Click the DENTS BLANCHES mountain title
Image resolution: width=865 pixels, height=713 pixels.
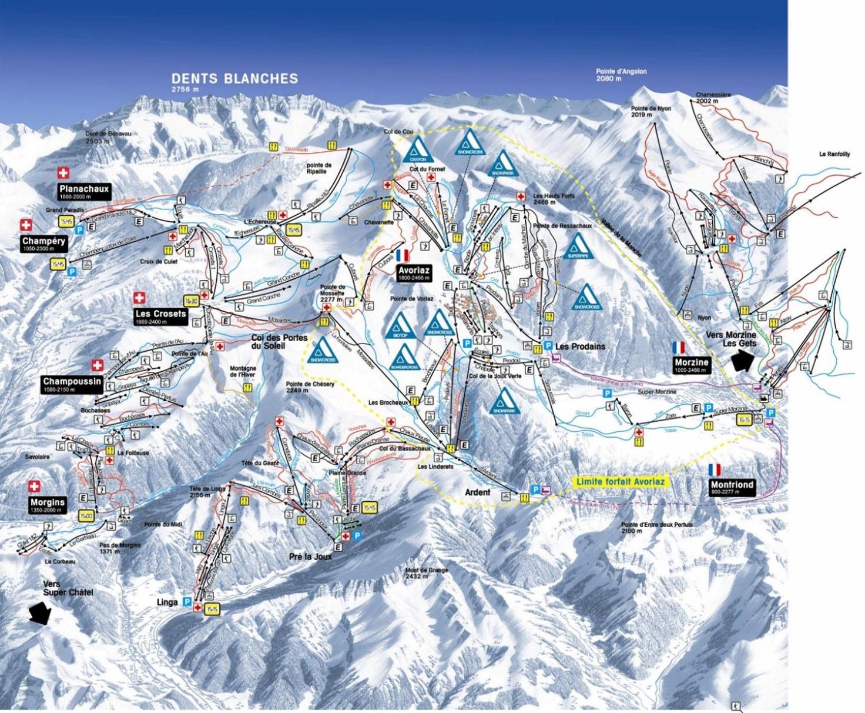pyautogui.click(x=234, y=78)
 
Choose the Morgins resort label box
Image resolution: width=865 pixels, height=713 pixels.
pyautogui.click(x=47, y=505)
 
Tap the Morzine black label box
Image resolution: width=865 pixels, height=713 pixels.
pyautogui.click(x=692, y=365)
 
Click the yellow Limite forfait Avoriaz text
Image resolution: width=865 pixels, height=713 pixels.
pyautogui.click(x=621, y=482)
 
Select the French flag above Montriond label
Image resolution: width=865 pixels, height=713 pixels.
pyautogui.click(x=715, y=469)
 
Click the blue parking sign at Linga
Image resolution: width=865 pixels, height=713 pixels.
pyautogui.click(x=187, y=602)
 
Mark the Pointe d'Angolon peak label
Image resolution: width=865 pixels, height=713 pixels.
pyautogui.click(x=621, y=75)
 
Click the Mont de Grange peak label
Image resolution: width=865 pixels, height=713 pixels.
pyautogui.click(x=427, y=573)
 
